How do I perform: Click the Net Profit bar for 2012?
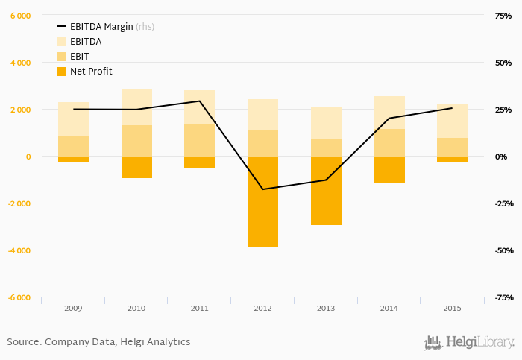pos(262,201)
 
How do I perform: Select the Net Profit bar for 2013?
pos(326,190)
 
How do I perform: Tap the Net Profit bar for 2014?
pos(389,169)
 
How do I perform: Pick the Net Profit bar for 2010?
pos(136,167)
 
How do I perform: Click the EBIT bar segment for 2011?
pos(199,140)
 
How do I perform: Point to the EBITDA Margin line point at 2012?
pos(262,189)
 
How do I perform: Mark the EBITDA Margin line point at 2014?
pos(389,119)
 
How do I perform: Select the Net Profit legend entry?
pos(91,72)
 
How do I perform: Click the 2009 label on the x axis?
pos(73,308)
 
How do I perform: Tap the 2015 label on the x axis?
pos(452,308)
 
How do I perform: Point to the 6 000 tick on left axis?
pos(20,16)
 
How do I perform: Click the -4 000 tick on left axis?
pos(19,250)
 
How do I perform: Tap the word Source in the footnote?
pos(23,342)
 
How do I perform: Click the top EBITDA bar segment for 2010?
pos(136,107)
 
